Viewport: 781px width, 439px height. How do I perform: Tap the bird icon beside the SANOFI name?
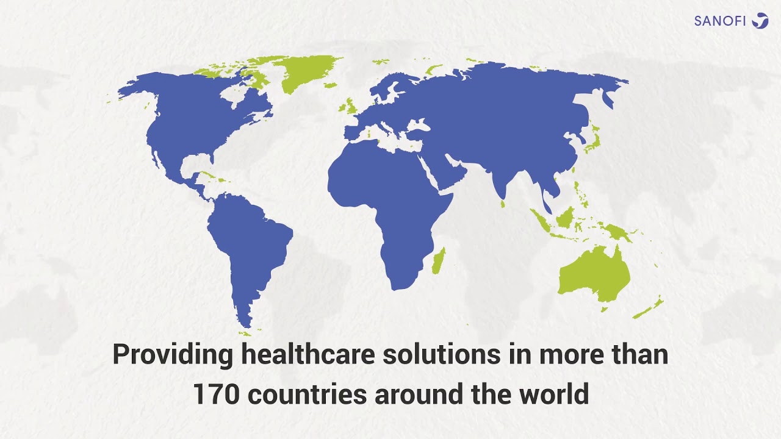coord(760,21)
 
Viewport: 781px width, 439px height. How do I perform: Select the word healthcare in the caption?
coord(308,355)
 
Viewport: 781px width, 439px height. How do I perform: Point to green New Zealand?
coord(650,307)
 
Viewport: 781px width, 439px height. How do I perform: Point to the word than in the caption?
coord(641,355)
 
